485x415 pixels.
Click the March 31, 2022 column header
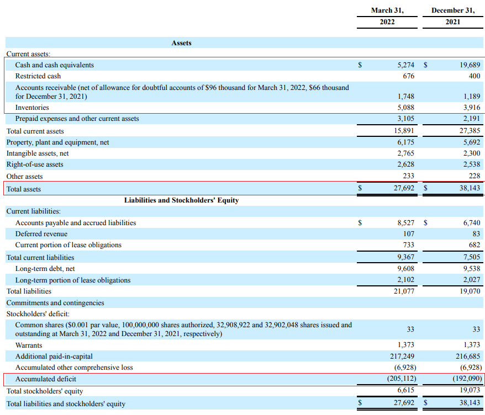(387, 16)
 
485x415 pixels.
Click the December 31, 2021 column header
(453, 16)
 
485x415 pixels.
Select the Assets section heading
(182, 43)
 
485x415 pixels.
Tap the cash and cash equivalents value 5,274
(405, 65)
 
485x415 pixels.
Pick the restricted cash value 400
(474, 76)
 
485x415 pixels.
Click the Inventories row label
(32, 108)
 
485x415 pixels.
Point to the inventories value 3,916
(472, 108)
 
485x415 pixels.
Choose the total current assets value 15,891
(404, 131)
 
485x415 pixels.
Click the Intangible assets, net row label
(38, 153)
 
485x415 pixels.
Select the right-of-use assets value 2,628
(405, 164)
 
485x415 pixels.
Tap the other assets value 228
(474, 176)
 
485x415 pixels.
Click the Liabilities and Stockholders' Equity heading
(182, 200)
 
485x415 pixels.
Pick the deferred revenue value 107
(409, 234)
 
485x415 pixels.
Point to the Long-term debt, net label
(45, 269)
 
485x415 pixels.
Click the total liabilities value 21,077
(404, 291)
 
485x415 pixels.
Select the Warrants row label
(29, 345)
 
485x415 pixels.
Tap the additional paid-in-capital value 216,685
(468, 357)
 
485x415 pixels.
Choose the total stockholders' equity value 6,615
(405, 390)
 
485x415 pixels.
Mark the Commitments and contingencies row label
(55, 303)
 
